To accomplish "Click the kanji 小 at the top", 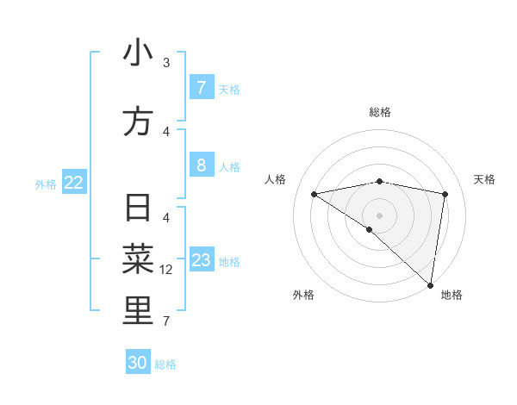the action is pyautogui.click(x=138, y=53).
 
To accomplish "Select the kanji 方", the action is pyautogui.click(x=138, y=121).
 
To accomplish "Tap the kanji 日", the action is pyautogui.click(x=138, y=209).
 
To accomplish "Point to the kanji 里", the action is pyautogui.click(x=138, y=311).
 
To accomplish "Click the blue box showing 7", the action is pyautogui.click(x=201, y=88).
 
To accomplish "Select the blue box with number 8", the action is pyautogui.click(x=201, y=165).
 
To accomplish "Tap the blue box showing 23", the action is pyautogui.click(x=201, y=260).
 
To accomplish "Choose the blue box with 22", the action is pyautogui.click(x=74, y=182).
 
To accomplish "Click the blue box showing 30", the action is pyautogui.click(x=138, y=363).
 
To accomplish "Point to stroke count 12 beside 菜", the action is pyautogui.click(x=166, y=270).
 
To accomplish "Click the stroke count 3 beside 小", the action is pyautogui.click(x=166, y=63).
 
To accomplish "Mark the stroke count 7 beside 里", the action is pyautogui.click(x=166, y=321).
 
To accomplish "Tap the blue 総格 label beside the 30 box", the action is pyautogui.click(x=165, y=364).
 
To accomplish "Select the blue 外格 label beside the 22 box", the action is pyautogui.click(x=46, y=184).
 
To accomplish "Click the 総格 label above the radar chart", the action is pyautogui.click(x=379, y=112).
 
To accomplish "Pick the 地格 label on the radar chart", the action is pyautogui.click(x=452, y=295).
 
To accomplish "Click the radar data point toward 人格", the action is pyautogui.click(x=315, y=194).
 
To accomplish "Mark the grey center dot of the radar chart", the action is pyautogui.click(x=379, y=214).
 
